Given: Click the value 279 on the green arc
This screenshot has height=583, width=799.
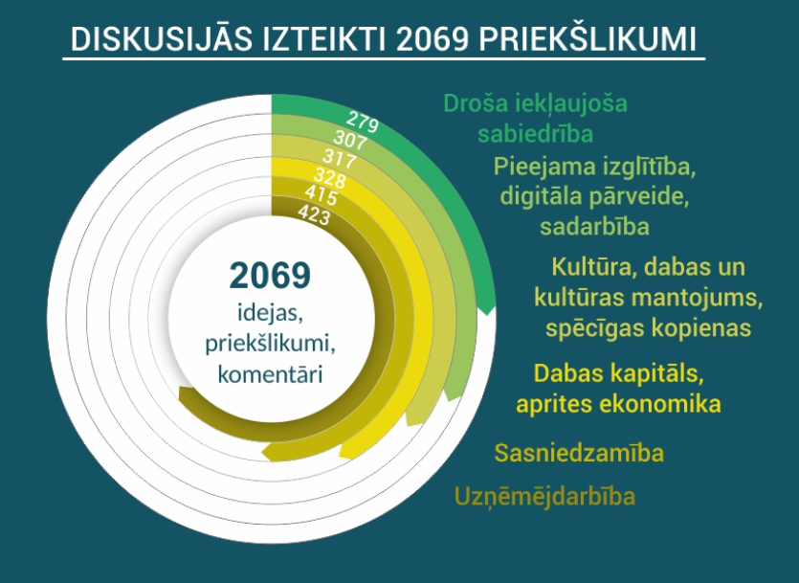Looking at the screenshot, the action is point(363,122).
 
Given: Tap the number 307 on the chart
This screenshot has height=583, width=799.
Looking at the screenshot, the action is point(350,140).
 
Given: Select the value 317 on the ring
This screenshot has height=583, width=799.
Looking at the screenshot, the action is point(340,159).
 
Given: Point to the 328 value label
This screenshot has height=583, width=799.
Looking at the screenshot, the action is point(330,178).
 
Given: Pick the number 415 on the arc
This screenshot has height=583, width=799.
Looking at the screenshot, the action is point(321,195).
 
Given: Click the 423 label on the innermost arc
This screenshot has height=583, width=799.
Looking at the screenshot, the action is point(314,215).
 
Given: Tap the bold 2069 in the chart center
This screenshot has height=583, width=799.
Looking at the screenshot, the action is point(270,276).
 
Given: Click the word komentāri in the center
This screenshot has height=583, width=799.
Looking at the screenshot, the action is point(270,374).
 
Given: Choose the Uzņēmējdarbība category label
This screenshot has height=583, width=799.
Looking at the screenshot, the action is point(544,496).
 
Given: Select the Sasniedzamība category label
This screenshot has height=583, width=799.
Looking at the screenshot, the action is point(579,453).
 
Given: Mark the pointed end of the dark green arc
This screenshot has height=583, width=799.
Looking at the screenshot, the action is point(487,314).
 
